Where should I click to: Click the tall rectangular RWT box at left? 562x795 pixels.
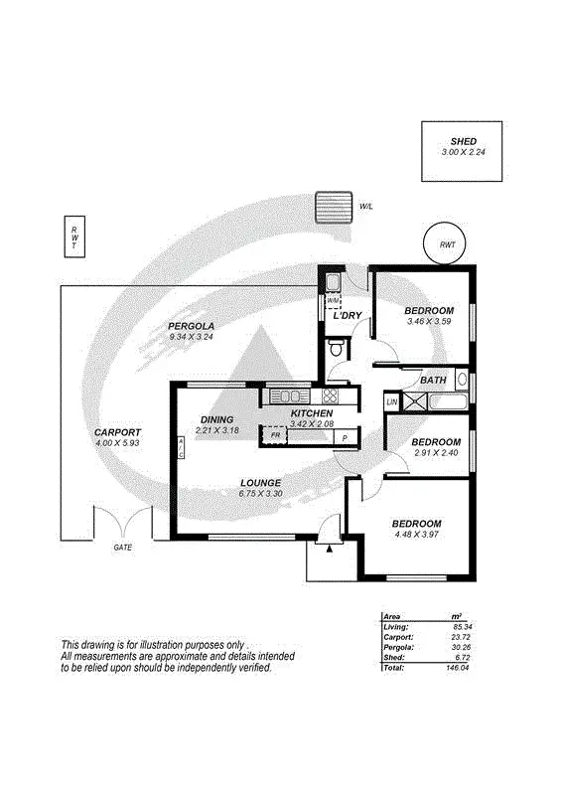(x=72, y=237)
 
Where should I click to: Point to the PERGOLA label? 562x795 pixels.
(x=192, y=326)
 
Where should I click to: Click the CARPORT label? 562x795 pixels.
(x=117, y=432)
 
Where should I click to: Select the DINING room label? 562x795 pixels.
(x=216, y=419)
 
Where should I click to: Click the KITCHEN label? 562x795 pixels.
(x=311, y=413)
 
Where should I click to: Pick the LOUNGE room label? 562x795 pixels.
(x=261, y=483)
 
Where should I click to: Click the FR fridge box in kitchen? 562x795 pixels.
(x=275, y=435)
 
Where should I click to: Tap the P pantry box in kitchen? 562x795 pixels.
(x=344, y=437)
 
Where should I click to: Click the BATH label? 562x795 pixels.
(x=433, y=380)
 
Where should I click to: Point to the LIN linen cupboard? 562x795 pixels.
(x=392, y=401)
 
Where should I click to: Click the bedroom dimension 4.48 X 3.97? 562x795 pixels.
(x=415, y=535)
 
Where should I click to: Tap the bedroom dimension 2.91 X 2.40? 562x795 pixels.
(x=436, y=453)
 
